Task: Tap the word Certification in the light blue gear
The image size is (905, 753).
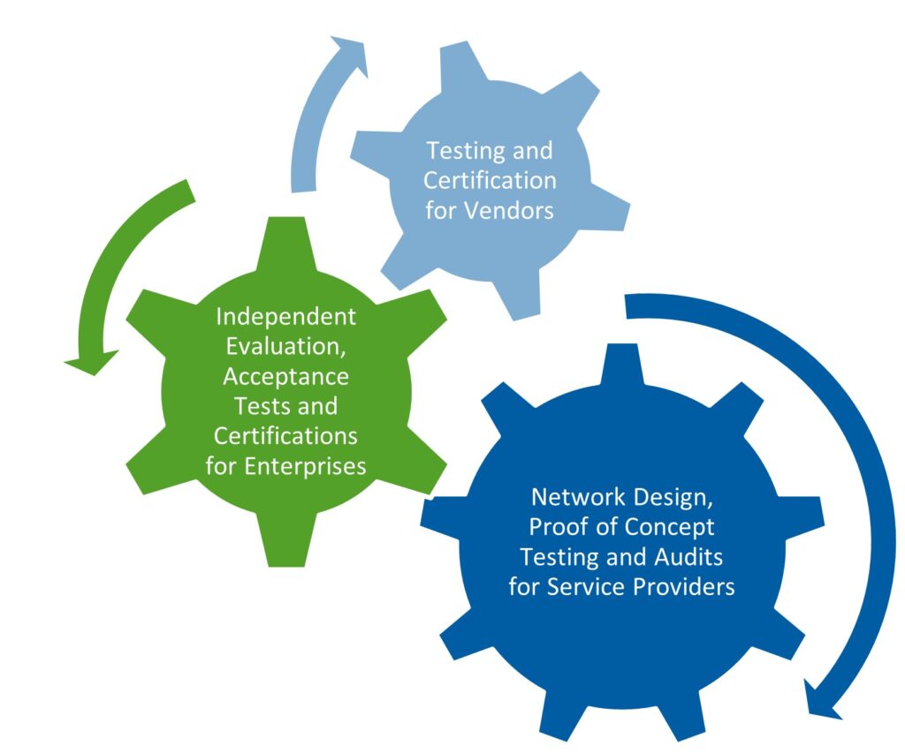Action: tap(490, 181)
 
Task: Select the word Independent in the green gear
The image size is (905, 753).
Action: tap(286, 316)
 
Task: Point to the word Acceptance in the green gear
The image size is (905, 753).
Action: tap(285, 377)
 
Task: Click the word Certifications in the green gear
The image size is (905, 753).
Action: tap(285, 436)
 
